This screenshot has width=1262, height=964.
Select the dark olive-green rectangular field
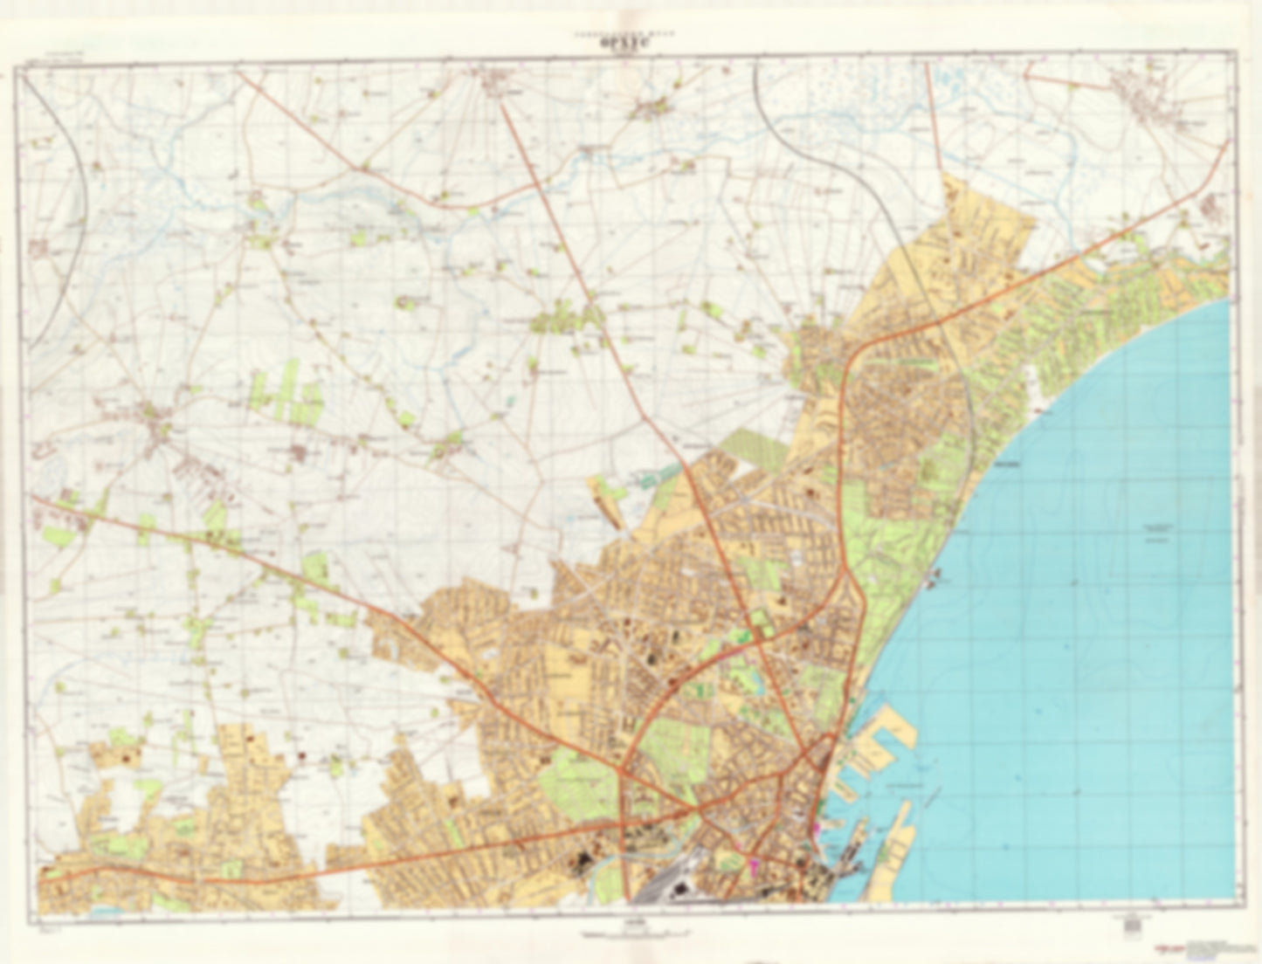click(x=753, y=448)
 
